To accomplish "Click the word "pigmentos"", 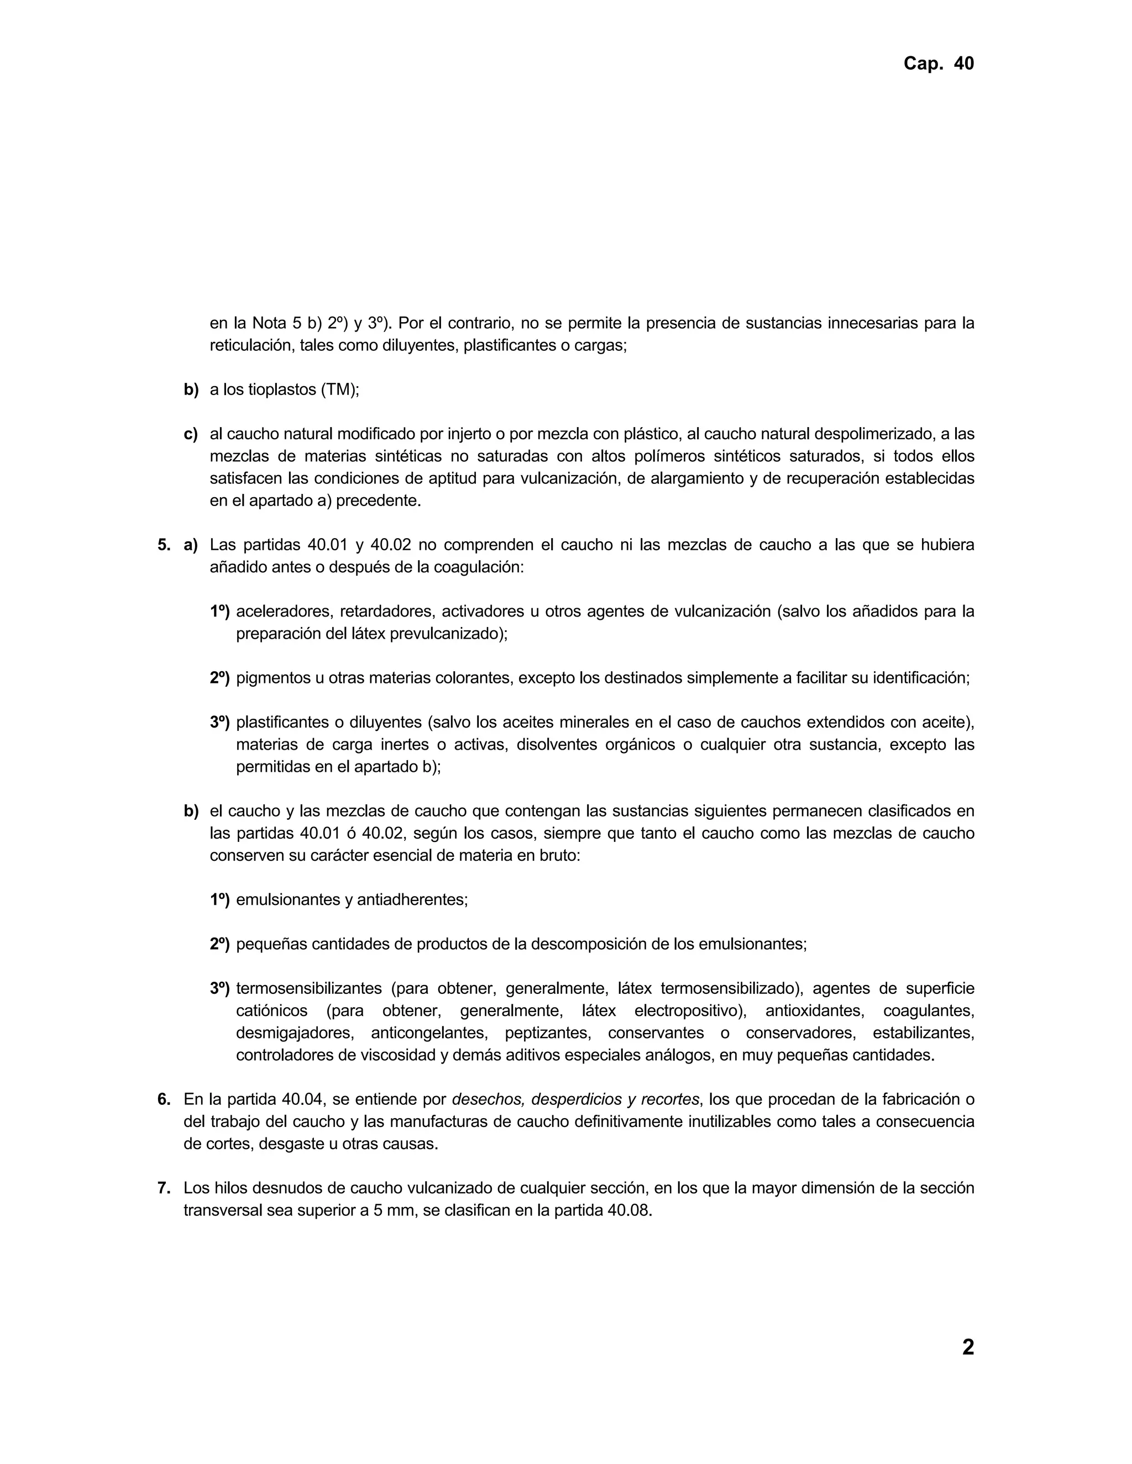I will [x=271, y=678].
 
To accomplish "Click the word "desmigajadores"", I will [x=293, y=1033].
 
